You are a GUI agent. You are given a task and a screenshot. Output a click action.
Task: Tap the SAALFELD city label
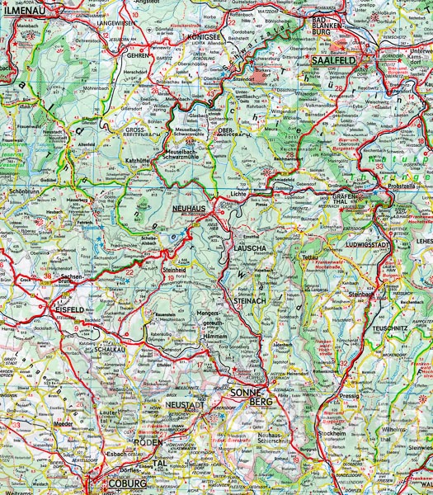coord(333,61)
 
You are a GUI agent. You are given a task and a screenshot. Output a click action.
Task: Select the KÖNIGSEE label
coord(203,37)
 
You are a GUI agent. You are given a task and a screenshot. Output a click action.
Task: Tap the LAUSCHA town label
coord(247,247)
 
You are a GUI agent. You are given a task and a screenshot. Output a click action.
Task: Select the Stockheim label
coord(332,433)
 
